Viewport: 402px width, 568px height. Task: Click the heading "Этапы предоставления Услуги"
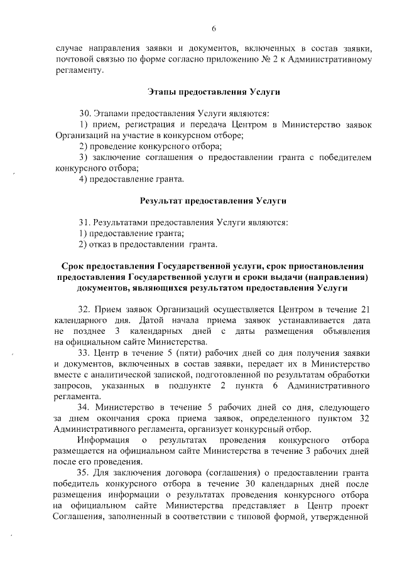[x=213, y=92]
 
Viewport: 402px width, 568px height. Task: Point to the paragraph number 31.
[x=84, y=222]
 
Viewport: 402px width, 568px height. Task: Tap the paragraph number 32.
[x=84, y=309]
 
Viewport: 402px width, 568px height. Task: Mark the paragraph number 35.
[x=84, y=472]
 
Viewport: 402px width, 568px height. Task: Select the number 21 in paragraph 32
[x=371, y=309]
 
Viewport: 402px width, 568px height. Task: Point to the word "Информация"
[x=104, y=440]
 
